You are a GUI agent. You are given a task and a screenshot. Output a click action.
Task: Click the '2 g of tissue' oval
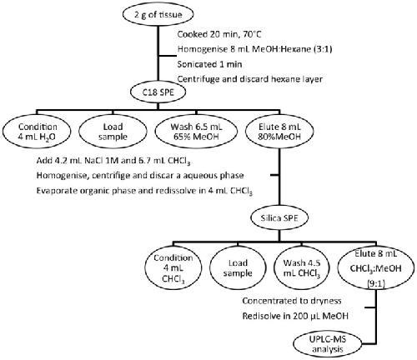click(158, 14)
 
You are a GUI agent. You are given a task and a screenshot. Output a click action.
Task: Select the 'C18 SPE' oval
click(158, 92)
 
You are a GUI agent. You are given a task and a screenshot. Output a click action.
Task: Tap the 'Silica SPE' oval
click(279, 218)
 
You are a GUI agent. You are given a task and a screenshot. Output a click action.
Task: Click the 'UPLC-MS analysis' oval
click(327, 344)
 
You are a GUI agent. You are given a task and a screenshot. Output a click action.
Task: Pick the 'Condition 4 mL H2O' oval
click(37, 132)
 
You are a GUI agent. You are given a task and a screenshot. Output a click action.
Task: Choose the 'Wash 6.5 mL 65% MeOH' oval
click(196, 132)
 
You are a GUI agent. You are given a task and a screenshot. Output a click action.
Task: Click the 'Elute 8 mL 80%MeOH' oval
click(279, 132)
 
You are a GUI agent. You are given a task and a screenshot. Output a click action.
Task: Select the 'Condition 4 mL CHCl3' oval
click(173, 268)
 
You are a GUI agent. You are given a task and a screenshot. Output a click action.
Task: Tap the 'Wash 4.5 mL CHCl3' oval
click(302, 268)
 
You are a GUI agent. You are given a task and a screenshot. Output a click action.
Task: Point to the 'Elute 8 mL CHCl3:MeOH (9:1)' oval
click(376, 268)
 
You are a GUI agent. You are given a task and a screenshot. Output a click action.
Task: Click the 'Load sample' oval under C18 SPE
click(113, 132)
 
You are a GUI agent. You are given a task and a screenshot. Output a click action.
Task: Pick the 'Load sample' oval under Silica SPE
click(238, 268)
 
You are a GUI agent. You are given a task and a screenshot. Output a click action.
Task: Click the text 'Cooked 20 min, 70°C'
click(219, 34)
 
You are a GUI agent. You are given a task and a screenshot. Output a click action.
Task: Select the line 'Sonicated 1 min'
click(209, 64)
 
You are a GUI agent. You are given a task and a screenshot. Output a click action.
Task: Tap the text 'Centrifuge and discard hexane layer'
click(250, 79)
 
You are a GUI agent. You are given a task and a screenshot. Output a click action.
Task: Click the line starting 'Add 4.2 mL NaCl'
click(113, 161)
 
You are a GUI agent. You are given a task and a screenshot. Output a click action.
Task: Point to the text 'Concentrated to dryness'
click(292, 301)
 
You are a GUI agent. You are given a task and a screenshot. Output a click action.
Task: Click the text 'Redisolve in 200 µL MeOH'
click(295, 316)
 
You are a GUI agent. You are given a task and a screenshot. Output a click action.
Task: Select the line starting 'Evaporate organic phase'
click(144, 192)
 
